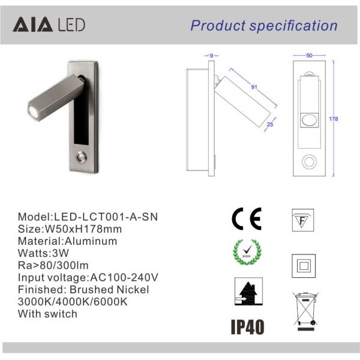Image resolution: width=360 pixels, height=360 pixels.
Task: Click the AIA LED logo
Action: point(49,25)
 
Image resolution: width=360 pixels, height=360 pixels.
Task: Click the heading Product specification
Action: point(264,26)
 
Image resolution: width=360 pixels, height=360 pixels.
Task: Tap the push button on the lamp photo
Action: point(81,157)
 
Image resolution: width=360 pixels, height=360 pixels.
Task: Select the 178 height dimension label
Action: point(334,119)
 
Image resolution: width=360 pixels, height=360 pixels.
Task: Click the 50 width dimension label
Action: point(309,56)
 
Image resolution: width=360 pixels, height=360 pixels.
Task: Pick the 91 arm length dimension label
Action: point(254,87)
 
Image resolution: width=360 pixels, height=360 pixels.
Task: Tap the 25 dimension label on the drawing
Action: point(270,124)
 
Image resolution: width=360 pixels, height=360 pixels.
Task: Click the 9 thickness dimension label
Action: point(211,56)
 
